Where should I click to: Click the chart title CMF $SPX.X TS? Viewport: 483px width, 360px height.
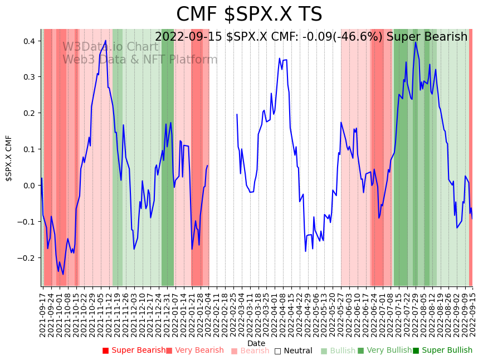click(249, 14)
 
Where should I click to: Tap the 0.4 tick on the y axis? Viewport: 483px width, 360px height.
click(29, 41)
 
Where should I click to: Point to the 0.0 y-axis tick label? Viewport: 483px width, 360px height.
click(29, 186)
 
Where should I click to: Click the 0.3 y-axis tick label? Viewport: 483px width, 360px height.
click(29, 77)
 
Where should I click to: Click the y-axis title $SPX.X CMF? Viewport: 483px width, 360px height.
click(9, 158)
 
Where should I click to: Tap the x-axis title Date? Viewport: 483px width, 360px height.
click(256, 343)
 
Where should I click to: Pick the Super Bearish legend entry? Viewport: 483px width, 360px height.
click(134, 351)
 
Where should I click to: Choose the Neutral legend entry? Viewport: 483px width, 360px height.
click(293, 351)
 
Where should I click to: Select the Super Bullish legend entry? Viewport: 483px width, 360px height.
click(442, 351)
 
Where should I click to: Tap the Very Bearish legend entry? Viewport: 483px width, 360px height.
click(194, 351)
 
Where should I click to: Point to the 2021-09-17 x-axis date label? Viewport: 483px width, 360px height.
click(42, 313)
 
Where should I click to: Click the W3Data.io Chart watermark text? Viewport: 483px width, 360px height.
click(110, 47)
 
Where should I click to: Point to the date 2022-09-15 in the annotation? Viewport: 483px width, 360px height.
click(188, 37)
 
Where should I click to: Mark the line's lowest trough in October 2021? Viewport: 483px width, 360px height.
click(63, 274)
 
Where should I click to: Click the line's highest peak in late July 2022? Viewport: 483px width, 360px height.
click(415, 42)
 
